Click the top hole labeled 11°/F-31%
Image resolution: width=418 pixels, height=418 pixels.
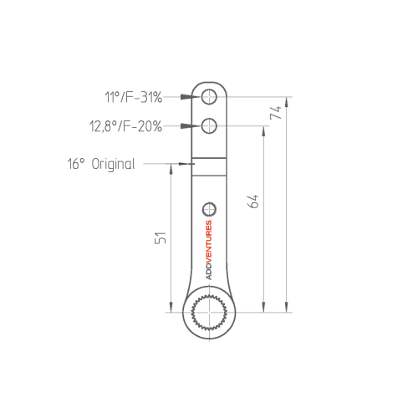209,97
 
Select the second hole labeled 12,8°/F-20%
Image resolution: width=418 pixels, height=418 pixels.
209,125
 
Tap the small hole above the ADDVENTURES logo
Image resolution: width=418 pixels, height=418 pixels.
209,209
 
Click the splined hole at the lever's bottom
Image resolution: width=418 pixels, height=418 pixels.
209,313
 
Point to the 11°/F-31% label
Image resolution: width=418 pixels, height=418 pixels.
133,97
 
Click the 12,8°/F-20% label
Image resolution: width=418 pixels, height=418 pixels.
125,126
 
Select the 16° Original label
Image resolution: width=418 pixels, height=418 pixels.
101,164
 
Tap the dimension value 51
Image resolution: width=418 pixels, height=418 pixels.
161,237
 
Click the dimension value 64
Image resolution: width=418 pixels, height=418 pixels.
253,201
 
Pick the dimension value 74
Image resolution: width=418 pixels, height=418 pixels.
276,112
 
